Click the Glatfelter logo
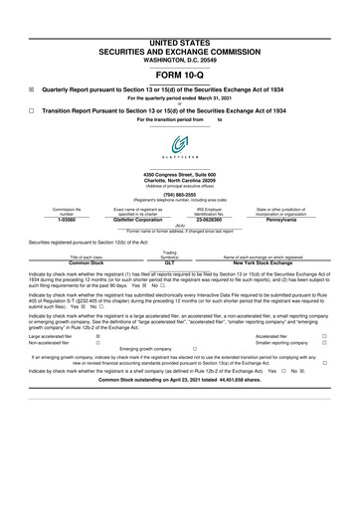[179, 145]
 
